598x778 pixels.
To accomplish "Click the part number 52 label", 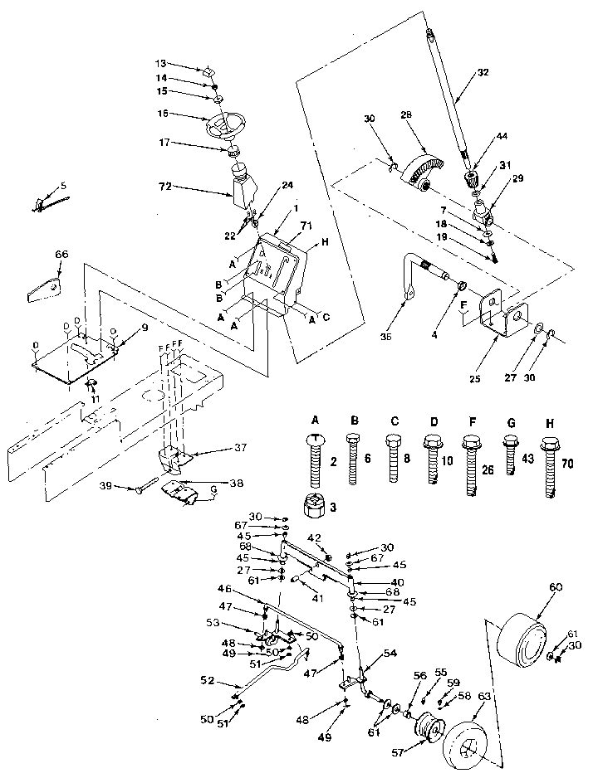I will click(x=209, y=680).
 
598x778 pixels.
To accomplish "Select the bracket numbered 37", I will click(x=175, y=455).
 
